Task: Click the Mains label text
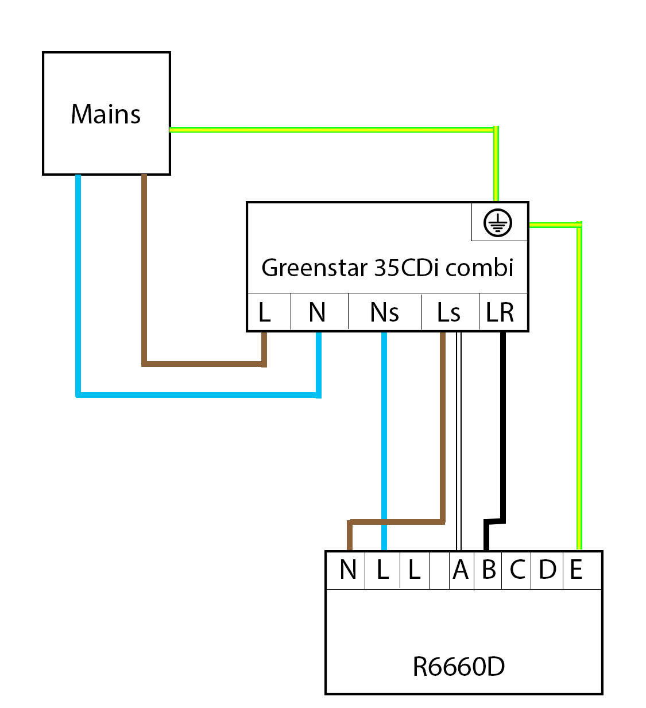106,114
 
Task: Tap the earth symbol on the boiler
498,223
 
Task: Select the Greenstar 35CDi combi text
387,268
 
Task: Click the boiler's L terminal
265,313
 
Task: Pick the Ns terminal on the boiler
384,313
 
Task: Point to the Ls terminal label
448,313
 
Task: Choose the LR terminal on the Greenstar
500,313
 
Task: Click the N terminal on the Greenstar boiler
317,313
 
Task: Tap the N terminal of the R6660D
348,570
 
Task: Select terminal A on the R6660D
461,570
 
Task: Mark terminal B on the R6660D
489,570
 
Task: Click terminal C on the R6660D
517,570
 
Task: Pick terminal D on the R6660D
547,570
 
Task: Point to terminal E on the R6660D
577,570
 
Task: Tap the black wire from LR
503,431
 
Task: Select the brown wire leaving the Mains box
144,270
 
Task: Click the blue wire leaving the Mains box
78,287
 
